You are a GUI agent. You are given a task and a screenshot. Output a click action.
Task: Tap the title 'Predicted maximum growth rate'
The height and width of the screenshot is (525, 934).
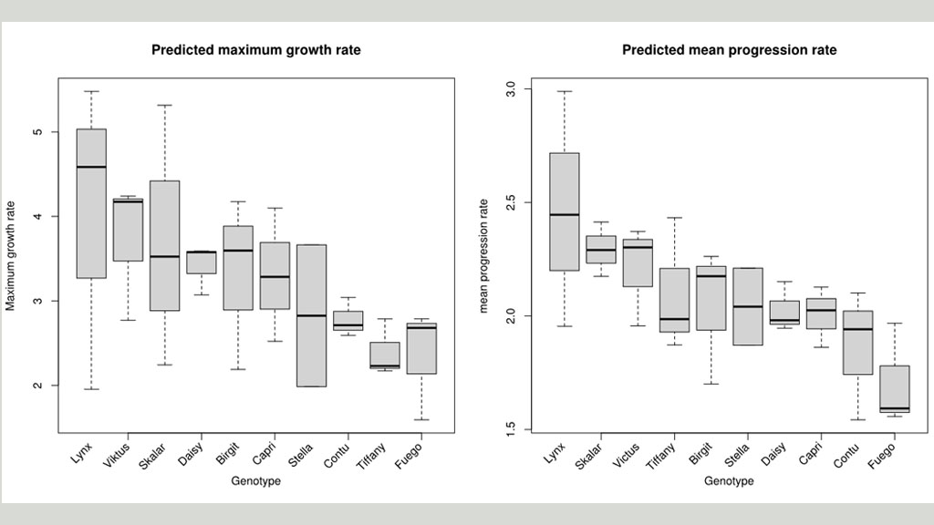pos(256,50)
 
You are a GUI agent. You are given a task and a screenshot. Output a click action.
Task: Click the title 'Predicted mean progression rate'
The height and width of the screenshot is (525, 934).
pos(729,50)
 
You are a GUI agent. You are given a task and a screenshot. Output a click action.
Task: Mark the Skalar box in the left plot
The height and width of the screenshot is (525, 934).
pos(165,246)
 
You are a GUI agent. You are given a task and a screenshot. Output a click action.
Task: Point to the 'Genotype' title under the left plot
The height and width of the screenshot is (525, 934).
pos(255,481)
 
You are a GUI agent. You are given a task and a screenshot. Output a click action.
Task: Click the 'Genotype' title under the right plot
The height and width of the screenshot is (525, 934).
pos(729,481)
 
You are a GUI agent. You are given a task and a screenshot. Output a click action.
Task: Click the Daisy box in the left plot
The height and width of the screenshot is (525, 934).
pos(202,262)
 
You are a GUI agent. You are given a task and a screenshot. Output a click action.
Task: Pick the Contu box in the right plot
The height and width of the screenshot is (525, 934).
pos(858,342)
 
